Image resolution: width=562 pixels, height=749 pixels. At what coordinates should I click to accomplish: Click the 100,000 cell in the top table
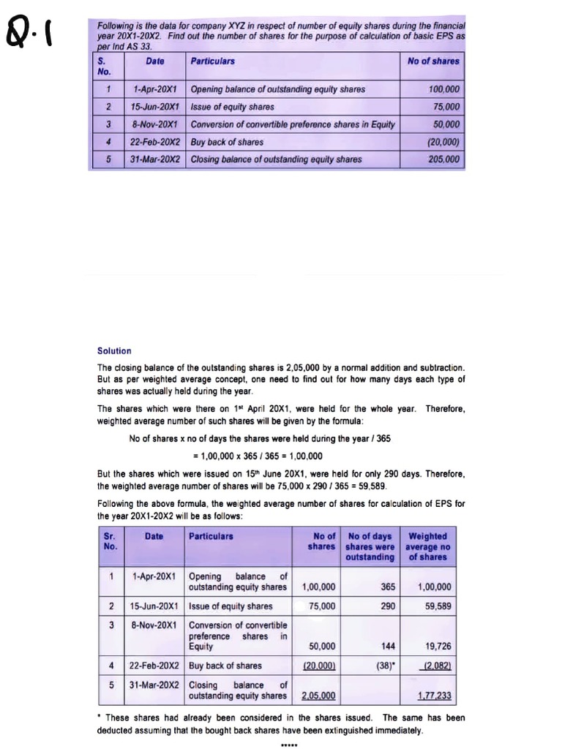443,89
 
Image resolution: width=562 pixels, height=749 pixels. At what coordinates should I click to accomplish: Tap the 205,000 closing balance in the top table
443,159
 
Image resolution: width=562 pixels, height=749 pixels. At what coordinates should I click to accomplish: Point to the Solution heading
114,351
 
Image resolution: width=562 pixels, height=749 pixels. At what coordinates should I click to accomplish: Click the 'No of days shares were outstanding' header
370,546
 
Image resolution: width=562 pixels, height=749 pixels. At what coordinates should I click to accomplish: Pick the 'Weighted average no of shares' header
429,546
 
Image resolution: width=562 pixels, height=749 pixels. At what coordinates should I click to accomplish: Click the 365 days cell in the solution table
388,587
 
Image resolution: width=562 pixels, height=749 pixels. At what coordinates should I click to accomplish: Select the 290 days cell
388,606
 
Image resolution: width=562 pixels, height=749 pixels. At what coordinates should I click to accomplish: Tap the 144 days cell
388,647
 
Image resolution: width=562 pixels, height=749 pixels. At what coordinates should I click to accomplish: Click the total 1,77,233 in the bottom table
435,696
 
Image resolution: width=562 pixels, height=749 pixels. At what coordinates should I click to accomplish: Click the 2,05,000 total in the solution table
319,696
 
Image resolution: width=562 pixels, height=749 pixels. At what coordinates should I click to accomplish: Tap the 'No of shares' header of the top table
433,61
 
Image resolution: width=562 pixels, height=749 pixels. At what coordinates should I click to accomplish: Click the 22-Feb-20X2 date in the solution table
154,666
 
